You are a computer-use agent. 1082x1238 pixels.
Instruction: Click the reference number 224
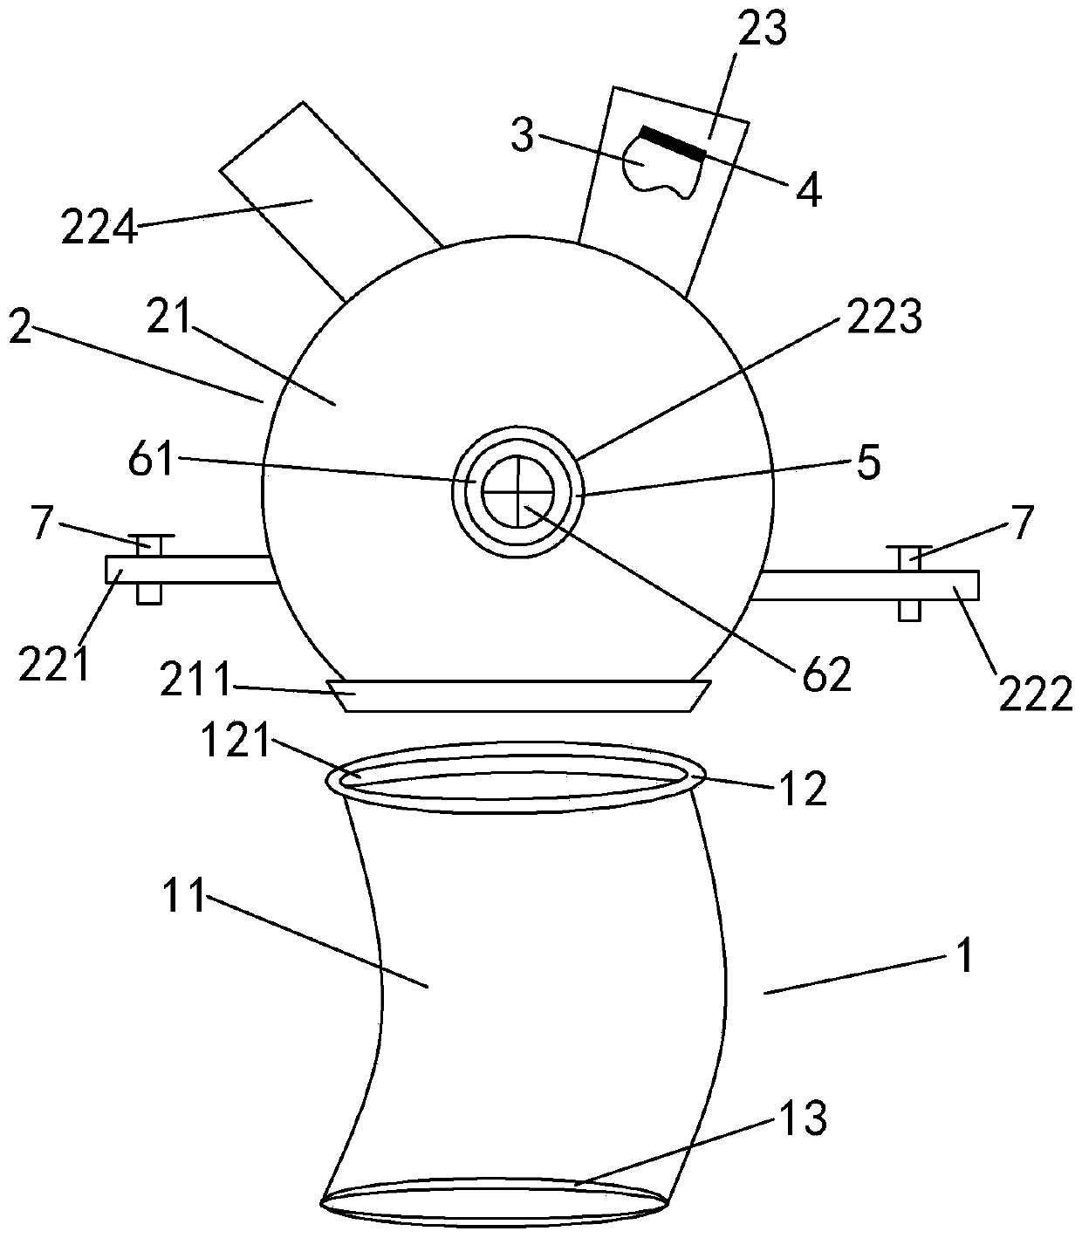tap(99, 229)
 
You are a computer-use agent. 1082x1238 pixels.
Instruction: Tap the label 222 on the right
tap(1034, 694)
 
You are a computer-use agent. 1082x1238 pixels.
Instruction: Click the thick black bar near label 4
tap(672, 142)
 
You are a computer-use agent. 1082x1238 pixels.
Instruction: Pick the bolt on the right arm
tap(908, 582)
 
